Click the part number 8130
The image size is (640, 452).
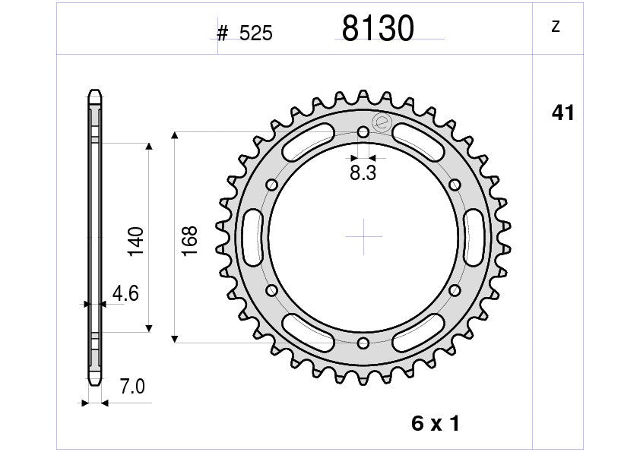coord(378,29)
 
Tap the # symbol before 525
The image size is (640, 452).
coord(223,33)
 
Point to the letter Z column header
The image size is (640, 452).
coord(555,27)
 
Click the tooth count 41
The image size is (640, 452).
coord(562,113)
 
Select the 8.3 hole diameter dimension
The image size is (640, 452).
coord(363,173)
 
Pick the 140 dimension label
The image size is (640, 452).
coord(136,240)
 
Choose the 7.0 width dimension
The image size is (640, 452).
coord(132,387)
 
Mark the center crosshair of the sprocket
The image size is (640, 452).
coord(363,236)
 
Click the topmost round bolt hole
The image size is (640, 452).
coord(363,131)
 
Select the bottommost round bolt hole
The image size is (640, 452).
coord(363,342)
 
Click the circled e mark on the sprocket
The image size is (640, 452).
coord(382,122)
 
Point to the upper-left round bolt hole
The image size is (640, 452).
coord(271,184)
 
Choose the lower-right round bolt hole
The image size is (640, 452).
coord(455,289)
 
